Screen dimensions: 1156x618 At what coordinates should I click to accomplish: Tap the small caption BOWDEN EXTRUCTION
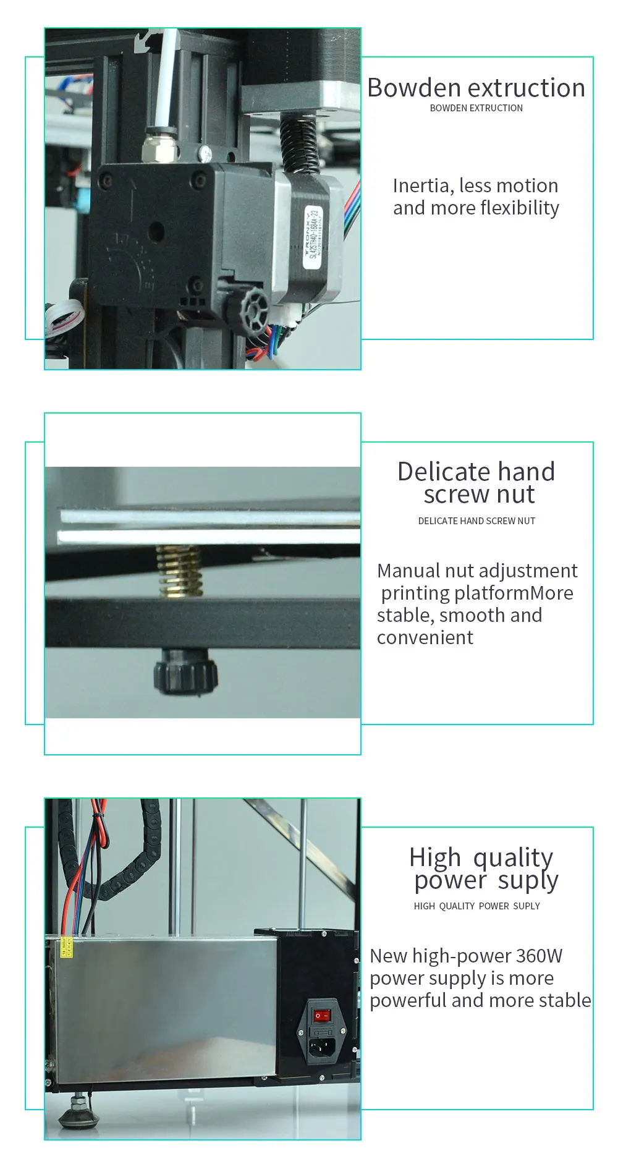(476, 108)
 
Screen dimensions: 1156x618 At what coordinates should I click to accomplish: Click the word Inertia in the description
(420, 185)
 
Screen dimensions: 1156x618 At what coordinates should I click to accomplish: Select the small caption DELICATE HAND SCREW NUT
(476, 521)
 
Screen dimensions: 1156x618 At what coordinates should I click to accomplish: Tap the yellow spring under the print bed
(179, 571)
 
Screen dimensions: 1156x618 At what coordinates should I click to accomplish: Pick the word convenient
(425, 637)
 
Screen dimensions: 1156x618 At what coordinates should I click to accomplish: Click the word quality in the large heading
(513, 858)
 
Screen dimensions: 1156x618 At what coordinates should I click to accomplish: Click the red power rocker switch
(321, 1016)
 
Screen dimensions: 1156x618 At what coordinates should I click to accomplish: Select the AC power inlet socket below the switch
(321, 1045)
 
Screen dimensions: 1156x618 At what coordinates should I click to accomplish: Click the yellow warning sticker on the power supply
(66, 948)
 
